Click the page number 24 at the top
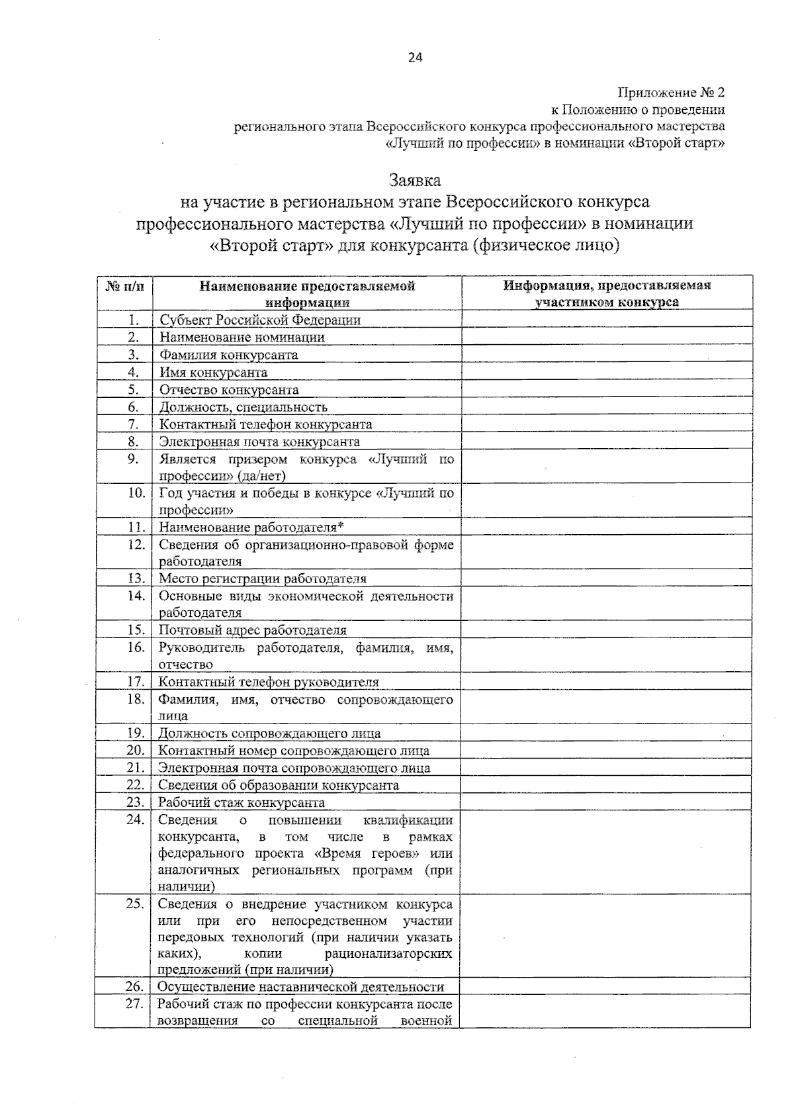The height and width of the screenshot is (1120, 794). (415, 58)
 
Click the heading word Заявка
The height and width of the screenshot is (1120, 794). (415, 180)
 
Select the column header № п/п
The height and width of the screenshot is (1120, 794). (124, 287)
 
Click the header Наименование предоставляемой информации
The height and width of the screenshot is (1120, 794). (307, 294)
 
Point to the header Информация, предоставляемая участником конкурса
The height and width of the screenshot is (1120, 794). (606, 294)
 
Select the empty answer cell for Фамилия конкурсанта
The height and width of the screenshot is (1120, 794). (606, 355)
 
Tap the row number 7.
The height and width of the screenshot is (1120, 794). (134, 424)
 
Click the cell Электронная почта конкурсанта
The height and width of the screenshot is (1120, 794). (259, 442)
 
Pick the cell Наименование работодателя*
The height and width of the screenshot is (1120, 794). (252, 528)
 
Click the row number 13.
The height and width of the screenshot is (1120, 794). (136, 579)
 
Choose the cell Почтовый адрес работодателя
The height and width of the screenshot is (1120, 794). (253, 630)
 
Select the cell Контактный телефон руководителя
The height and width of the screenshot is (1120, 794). (269, 682)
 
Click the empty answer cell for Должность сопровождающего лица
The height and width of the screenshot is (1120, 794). (606, 733)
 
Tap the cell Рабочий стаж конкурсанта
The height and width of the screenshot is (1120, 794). (242, 803)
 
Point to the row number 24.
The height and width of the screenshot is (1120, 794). (135, 820)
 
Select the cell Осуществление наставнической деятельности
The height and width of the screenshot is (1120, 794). (300, 987)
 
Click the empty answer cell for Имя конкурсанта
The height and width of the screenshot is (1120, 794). (606, 372)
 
